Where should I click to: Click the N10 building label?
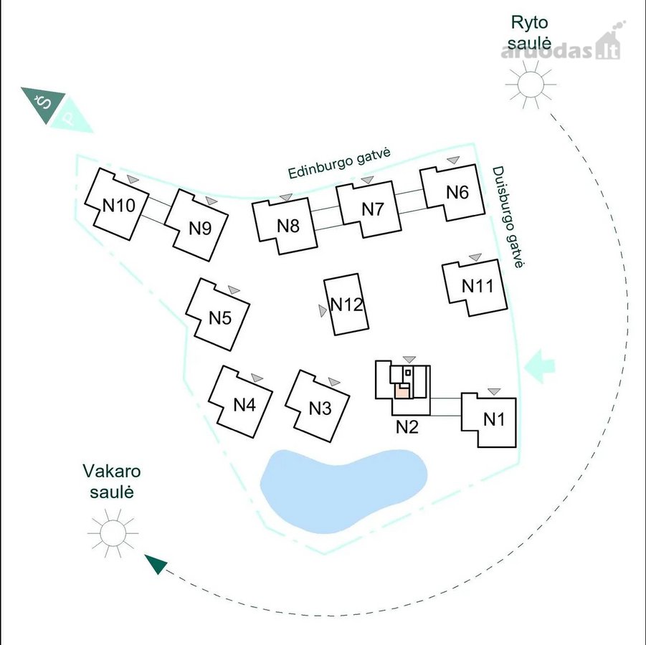point(118,205)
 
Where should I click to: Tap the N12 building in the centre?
point(346,304)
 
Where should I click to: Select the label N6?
point(457,192)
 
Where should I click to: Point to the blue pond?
point(343,490)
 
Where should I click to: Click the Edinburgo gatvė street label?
point(338,163)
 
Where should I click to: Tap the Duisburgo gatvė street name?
point(509,217)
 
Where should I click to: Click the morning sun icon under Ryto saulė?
point(531,85)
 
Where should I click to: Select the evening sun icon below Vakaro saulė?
point(113,533)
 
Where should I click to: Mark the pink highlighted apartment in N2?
point(402,391)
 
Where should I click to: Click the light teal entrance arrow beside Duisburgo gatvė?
point(539,366)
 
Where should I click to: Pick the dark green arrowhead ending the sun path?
point(156,563)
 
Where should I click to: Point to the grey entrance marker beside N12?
point(323,310)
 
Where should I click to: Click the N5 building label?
point(220,318)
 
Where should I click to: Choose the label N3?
point(320,408)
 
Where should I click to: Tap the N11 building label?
point(477,286)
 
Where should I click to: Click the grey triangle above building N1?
point(494,391)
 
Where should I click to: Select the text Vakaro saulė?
point(112,482)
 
